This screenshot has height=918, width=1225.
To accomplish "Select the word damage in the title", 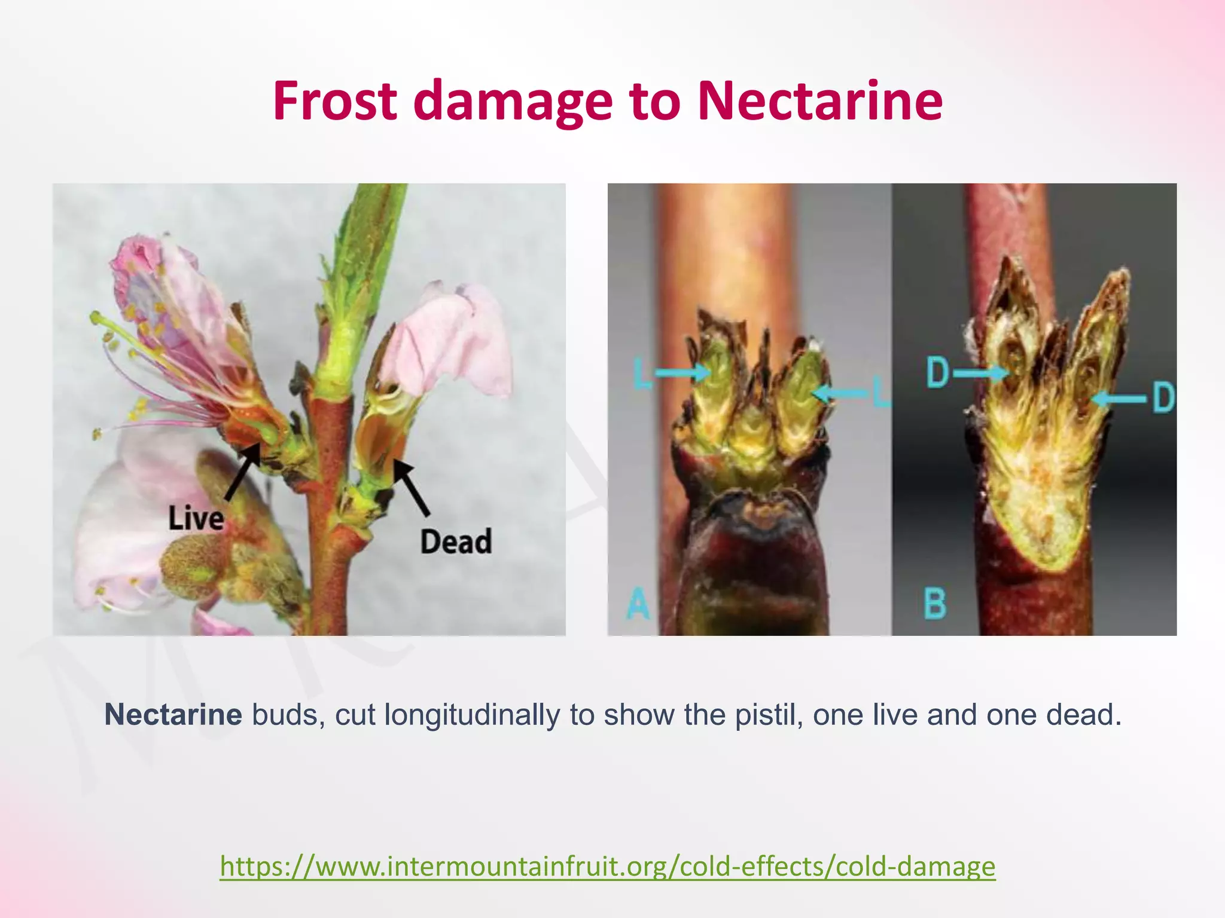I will tap(513, 103).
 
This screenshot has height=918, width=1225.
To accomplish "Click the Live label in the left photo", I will tap(196, 518).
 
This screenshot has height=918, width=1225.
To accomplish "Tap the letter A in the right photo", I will tap(638, 603).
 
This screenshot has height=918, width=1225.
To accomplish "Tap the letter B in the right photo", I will tap(935, 603).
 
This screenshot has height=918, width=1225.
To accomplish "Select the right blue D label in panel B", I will tap(1163, 397).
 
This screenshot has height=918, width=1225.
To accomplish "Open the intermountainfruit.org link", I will tap(608, 866).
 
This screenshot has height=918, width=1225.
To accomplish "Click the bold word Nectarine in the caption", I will tap(173, 715).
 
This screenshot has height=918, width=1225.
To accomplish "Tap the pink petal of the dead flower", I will tap(455, 341).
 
